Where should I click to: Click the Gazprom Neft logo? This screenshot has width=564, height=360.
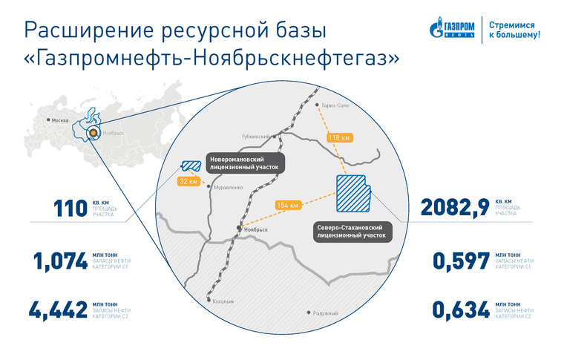pyautogui.click(x=452, y=27)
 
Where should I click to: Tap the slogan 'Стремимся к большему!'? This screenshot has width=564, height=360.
pyautogui.click(x=514, y=30)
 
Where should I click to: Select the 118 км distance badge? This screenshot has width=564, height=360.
pyautogui.click(x=339, y=138)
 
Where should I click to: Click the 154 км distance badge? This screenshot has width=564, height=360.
pyautogui.click(x=288, y=205)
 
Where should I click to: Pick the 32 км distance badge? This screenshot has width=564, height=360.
pyautogui.click(x=188, y=181)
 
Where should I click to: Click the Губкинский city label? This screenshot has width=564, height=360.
pyautogui.click(x=256, y=137)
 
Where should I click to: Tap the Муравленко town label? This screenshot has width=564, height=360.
pyautogui.click(x=229, y=187)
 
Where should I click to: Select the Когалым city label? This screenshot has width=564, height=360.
pyautogui.click(x=223, y=301)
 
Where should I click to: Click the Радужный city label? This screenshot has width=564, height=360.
pyautogui.click(x=325, y=313)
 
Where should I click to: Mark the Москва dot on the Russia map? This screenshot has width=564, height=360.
pyautogui.click(x=48, y=120)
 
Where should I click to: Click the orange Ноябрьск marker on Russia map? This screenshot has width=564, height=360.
pyautogui.click(x=94, y=133)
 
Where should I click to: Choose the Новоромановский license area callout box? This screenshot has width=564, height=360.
pyautogui.click(x=244, y=163)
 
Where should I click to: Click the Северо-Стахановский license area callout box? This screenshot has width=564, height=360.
pyautogui.click(x=352, y=232)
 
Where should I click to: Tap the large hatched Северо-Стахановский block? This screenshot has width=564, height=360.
pyautogui.click(x=353, y=194)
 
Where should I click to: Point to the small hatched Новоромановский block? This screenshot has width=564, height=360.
pyautogui.click(x=191, y=166)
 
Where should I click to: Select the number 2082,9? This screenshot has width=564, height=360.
pyautogui.click(x=455, y=209)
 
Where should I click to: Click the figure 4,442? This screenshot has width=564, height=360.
pyautogui.click(x=58, y=310)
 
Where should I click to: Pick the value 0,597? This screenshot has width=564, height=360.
pyautogui.click(x=461, y=261)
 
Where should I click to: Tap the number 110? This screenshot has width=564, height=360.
pyautogui.click(x=70, y=209)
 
